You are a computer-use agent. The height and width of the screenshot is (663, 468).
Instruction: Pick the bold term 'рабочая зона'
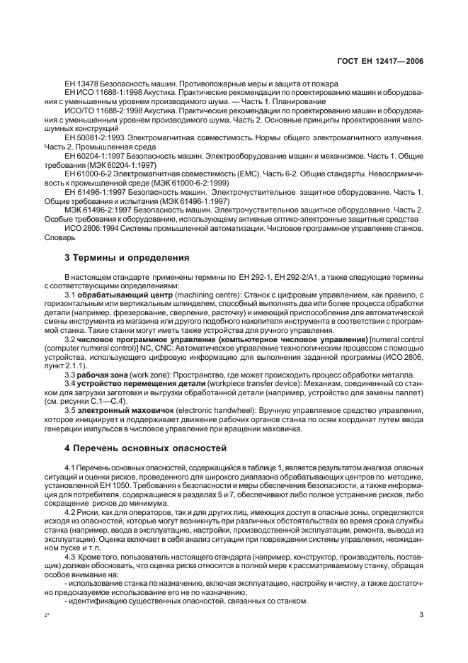[x=101, y=373]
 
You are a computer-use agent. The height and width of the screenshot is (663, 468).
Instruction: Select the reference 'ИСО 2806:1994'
[x=89, y=229]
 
